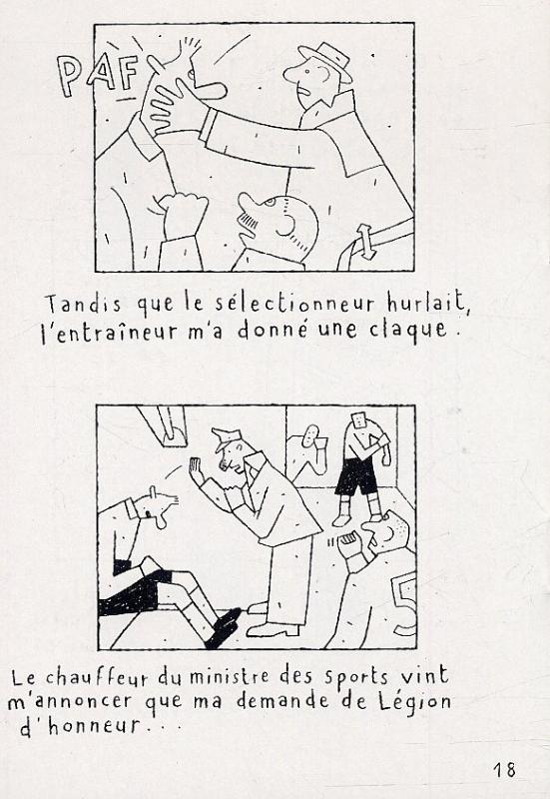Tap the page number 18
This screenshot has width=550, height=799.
point(504,769)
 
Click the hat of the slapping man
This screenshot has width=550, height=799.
point(326,60)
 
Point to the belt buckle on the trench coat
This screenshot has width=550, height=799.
point(365,240)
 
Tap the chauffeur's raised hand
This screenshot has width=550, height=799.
point(196,470)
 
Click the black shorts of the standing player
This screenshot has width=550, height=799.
point(355,477)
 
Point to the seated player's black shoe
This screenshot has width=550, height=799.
point(223,628)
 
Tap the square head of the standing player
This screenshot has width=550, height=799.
point(360,419)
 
